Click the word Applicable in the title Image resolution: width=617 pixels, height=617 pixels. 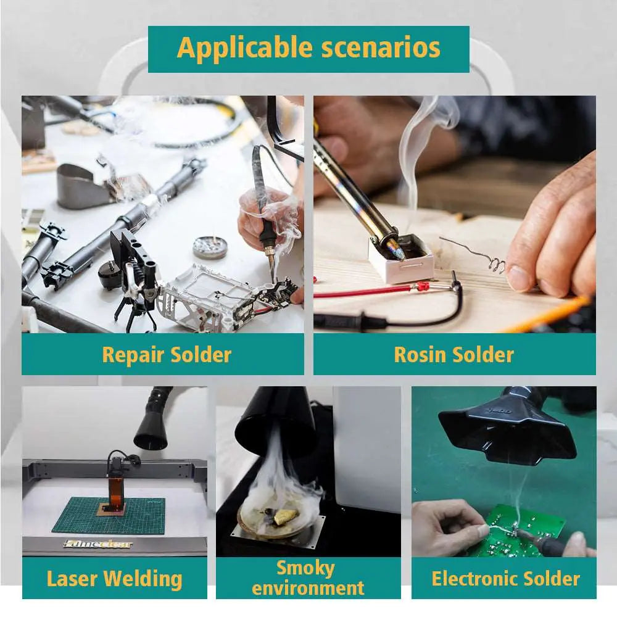(245, 48)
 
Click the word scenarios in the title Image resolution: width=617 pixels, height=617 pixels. (381, 48)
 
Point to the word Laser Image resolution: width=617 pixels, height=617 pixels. (72, 579)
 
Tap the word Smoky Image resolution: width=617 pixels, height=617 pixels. (306, 569)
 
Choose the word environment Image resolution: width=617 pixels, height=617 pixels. (308, 588)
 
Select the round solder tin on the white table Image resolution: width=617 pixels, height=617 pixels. (210, 247)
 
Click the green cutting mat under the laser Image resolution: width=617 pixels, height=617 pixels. (112, 515)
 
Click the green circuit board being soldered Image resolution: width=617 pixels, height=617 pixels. (523, 531)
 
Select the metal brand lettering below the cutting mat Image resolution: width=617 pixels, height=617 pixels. (98, 544)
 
